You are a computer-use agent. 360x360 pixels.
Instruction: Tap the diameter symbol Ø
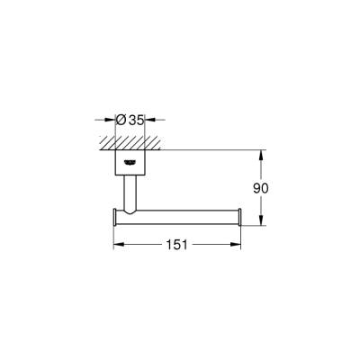click(121, 117)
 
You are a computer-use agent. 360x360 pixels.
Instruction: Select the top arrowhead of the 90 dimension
click(261, 152)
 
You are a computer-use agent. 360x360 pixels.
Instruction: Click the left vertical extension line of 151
click(112, 236)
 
